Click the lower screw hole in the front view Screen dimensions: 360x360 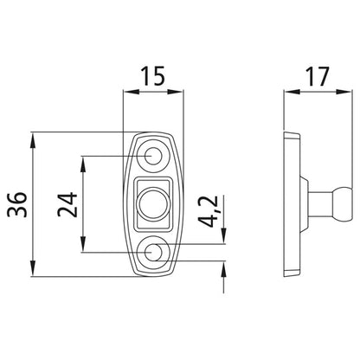[x=154, y=253]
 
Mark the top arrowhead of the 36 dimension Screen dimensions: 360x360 [x=33, y=138]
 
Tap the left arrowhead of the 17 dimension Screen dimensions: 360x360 [x=289, y=91]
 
